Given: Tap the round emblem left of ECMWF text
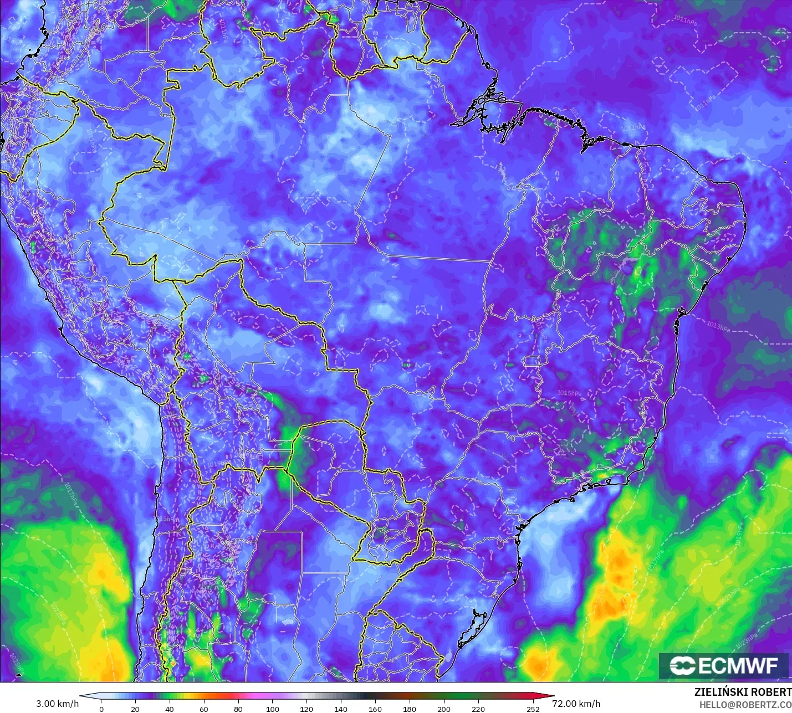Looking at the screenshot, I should coord(682,665).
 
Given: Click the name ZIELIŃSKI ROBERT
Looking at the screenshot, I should coord(743,692).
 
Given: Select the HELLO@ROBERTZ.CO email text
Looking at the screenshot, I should coord(745,705).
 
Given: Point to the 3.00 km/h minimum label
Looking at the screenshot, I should coord(58,704).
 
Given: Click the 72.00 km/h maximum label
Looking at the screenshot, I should coord(576,704).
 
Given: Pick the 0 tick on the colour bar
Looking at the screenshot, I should coord(101,709).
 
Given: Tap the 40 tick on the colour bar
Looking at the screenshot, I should coord(170,709).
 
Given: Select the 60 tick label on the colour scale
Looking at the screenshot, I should coord(204,709).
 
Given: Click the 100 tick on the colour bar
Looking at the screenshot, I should coord(273,709).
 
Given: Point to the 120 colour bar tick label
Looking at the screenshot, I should coord(306,709).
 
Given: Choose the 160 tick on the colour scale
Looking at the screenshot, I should coord(375,709).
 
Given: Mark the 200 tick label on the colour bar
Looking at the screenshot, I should coord(443,709).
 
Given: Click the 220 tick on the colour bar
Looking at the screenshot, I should coord(478,709).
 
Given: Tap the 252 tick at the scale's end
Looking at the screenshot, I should coord(533,709).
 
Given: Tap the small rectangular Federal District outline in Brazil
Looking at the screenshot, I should coord(532,361).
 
